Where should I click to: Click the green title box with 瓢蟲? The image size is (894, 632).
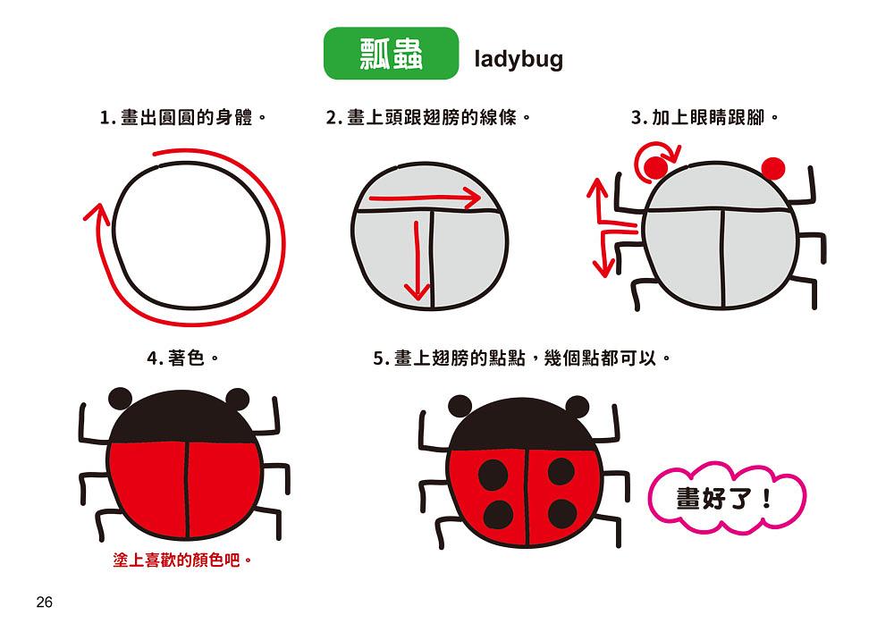click(392, 53)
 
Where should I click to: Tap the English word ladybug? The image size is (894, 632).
click(519, 59)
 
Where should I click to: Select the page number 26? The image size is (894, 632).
click(44, 602)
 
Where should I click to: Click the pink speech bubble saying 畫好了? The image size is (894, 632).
click(727, 498)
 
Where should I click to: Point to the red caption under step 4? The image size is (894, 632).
click(182, 560)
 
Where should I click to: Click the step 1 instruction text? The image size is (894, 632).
click(183, 117)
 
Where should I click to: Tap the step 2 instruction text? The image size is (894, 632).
click(428, 117)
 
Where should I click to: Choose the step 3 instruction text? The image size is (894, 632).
click(704, 117)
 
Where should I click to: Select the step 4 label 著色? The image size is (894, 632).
click(183, 358)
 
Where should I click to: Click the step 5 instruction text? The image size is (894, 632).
click(522, 358)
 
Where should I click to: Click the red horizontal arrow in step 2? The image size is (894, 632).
click(426, 198)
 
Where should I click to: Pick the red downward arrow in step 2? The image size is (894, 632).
click(417, 260)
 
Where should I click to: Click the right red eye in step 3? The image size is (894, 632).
click(773, 169)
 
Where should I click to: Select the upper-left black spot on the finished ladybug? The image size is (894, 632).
click(493, 474)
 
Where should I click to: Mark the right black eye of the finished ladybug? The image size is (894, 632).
click(577, 407)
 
